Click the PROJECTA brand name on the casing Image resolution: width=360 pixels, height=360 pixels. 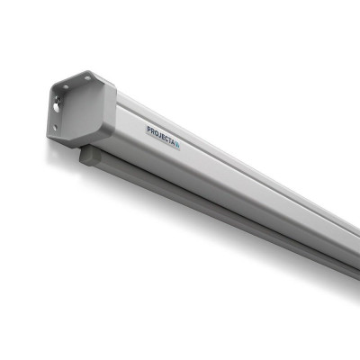(x=163, y=132)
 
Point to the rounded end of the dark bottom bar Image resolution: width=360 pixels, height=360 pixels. (x=84, y=156)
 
